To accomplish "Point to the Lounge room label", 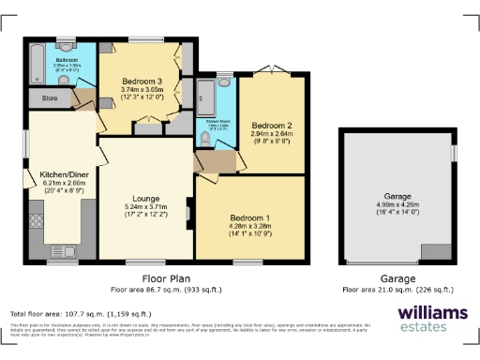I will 144,198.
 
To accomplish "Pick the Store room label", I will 50,97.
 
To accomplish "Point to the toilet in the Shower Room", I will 205,141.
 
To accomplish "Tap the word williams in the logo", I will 432,312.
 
